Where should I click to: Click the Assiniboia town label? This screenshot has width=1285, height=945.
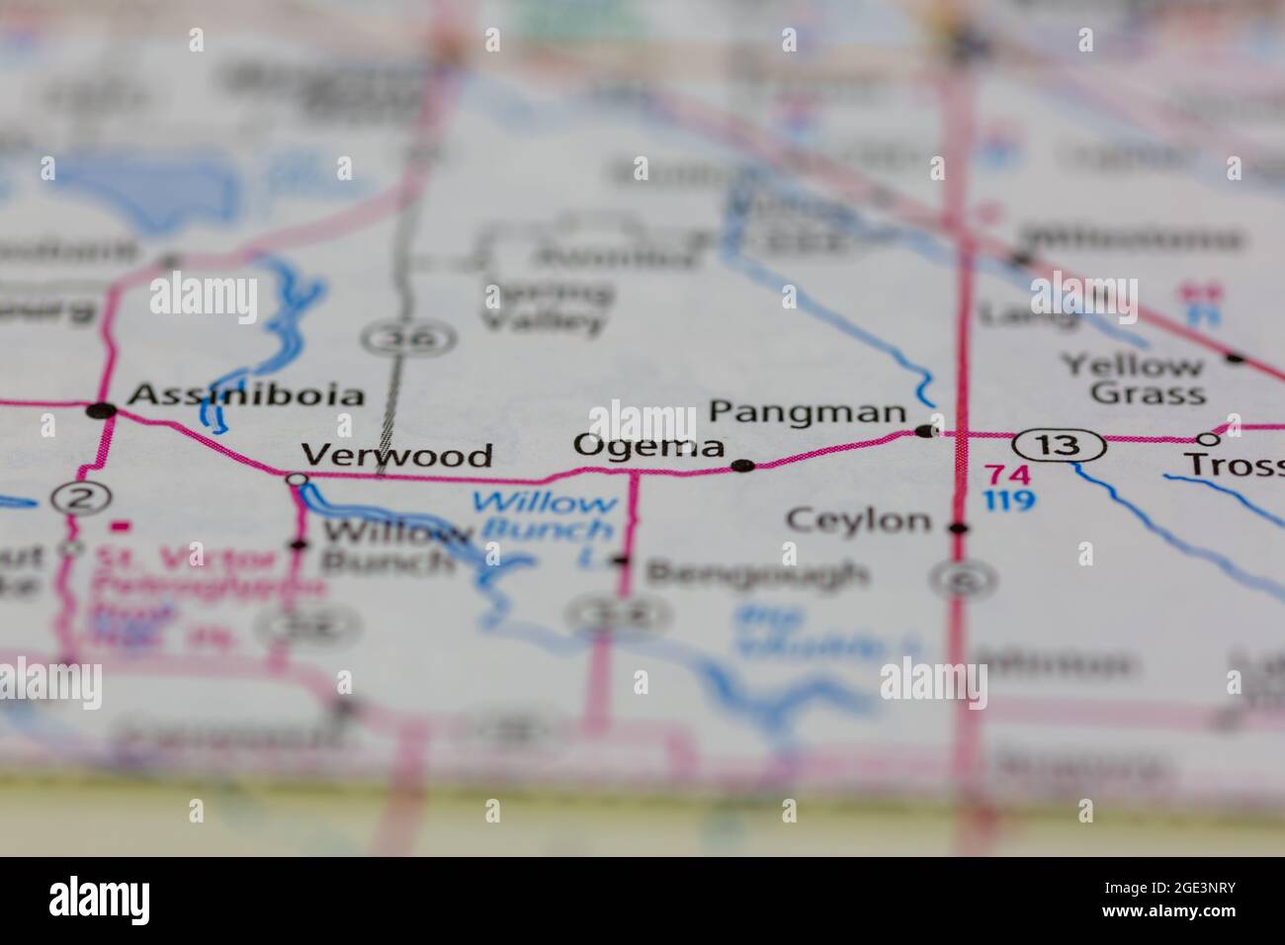pos(247,395)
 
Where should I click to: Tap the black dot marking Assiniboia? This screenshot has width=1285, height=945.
pos(101,410)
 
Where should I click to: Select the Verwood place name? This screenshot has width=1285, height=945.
pos(396,456)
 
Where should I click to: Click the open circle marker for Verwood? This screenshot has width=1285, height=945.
pos(296,480)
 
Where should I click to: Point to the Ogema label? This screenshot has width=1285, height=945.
pos(649,447)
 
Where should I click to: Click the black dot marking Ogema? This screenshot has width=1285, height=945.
pos(742,466)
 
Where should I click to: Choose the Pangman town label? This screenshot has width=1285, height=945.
pos(808,412)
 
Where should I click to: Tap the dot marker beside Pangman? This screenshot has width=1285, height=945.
pos(924,431)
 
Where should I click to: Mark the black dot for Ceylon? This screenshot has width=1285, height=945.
pos(957,529)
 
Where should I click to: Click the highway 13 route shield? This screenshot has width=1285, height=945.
pos(1059,446)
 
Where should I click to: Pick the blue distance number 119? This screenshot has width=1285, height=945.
pos(1008,500)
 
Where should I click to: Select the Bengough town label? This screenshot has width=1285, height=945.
pos(757,573)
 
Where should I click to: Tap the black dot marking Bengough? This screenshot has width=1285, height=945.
pos(620,560)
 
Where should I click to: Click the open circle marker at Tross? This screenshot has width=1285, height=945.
pos(1207,439)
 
